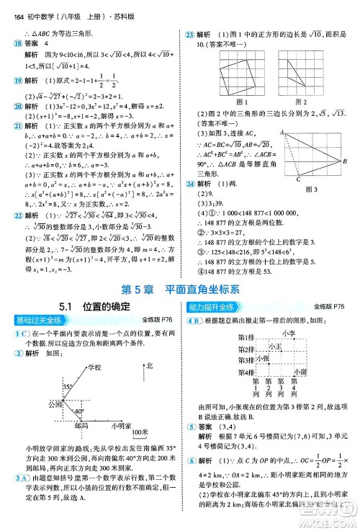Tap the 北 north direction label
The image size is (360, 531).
149,367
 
